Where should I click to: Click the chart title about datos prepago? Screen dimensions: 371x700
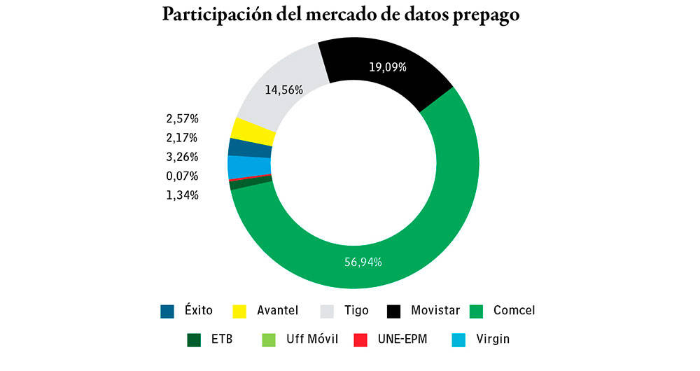coord(341,16)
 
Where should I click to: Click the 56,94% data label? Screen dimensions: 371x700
coord(362,262)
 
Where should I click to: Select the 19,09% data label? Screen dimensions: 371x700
coord(388,68)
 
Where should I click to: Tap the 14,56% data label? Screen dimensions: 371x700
coord(283,90)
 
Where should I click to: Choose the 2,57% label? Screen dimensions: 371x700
coord(183,118)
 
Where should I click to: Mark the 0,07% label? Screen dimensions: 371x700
coord(183,176)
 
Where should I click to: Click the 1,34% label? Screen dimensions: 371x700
coord(183,195)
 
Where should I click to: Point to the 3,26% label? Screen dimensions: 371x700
coord(183,157)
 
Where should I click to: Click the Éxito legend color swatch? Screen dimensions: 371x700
coord(167,311)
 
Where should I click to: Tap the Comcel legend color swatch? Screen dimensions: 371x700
coord(477,311)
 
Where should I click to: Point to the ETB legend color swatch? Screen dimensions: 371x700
coord(194,340)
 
